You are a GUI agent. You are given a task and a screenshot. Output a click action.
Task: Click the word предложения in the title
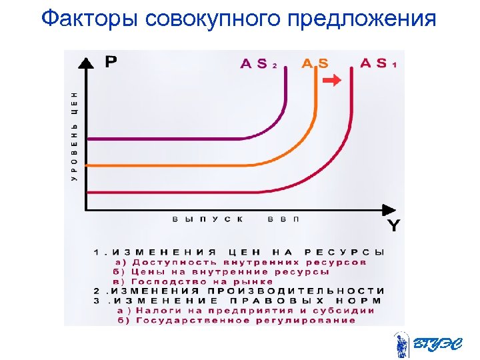coord(363,19)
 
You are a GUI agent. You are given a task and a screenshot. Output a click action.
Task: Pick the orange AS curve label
coord(315,64)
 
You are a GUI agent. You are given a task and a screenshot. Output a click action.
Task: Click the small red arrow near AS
coord(332,80)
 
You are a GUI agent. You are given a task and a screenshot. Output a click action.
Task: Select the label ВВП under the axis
coord(283,219)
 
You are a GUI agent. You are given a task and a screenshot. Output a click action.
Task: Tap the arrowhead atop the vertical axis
coord(86,63)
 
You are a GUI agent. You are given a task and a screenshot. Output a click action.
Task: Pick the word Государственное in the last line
coord(188,321)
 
